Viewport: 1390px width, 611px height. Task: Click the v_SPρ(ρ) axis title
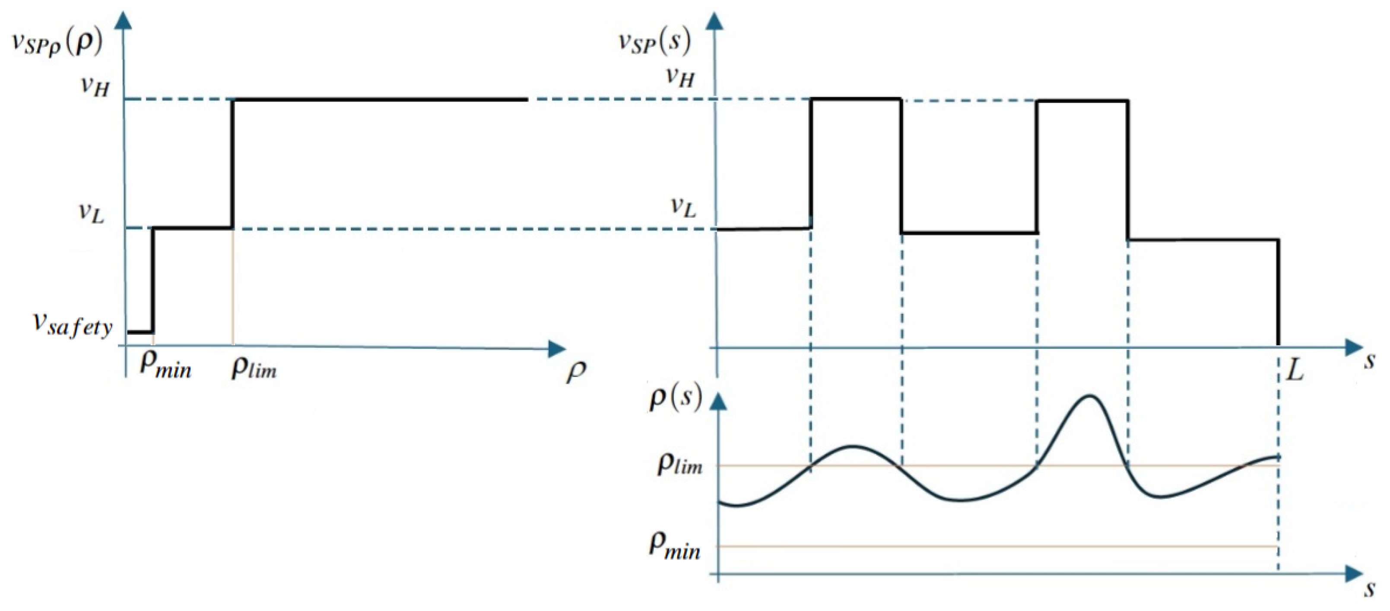[57, 43]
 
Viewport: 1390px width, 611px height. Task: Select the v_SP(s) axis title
[654, 41]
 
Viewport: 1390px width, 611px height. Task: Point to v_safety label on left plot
[73, 325]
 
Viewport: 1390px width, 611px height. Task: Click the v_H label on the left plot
[95, 86]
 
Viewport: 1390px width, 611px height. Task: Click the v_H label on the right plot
[679, 77]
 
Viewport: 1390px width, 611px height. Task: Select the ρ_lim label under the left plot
[254, 368]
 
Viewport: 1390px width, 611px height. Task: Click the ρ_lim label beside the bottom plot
[679, 464]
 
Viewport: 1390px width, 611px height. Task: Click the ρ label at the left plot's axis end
[576, 371]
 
